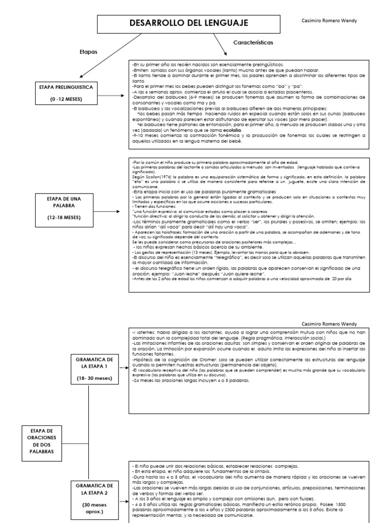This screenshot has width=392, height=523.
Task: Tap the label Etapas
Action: [x=88, y=52]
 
